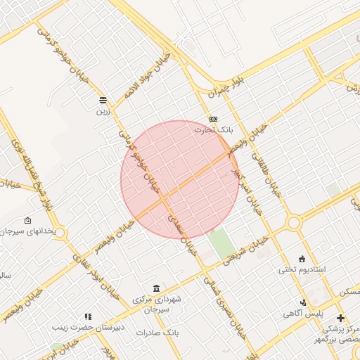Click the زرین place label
tap(103, 111)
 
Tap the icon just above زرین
tap(103, 100)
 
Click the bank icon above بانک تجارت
tap(213, 119)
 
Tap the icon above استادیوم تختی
tap(302, 258)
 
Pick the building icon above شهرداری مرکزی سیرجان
tap(155, 289)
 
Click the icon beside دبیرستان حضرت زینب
tap(88, 317)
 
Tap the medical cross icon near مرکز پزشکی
tap(341, 319)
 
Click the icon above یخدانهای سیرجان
tap(27, 220)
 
